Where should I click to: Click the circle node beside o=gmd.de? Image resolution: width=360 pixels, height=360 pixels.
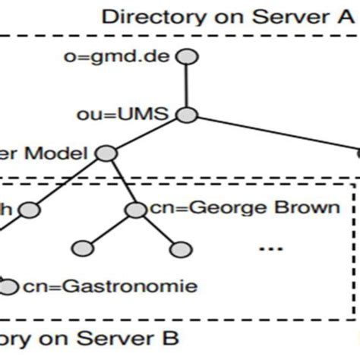pos(186,58)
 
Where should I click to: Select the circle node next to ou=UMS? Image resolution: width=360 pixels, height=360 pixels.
pos(186,115)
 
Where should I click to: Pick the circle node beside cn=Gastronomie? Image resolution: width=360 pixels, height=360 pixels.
pos(9,286)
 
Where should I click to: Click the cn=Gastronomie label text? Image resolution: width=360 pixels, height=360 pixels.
pos(109,286)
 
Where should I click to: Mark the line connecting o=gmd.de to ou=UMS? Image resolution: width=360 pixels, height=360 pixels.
pos(186,87)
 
